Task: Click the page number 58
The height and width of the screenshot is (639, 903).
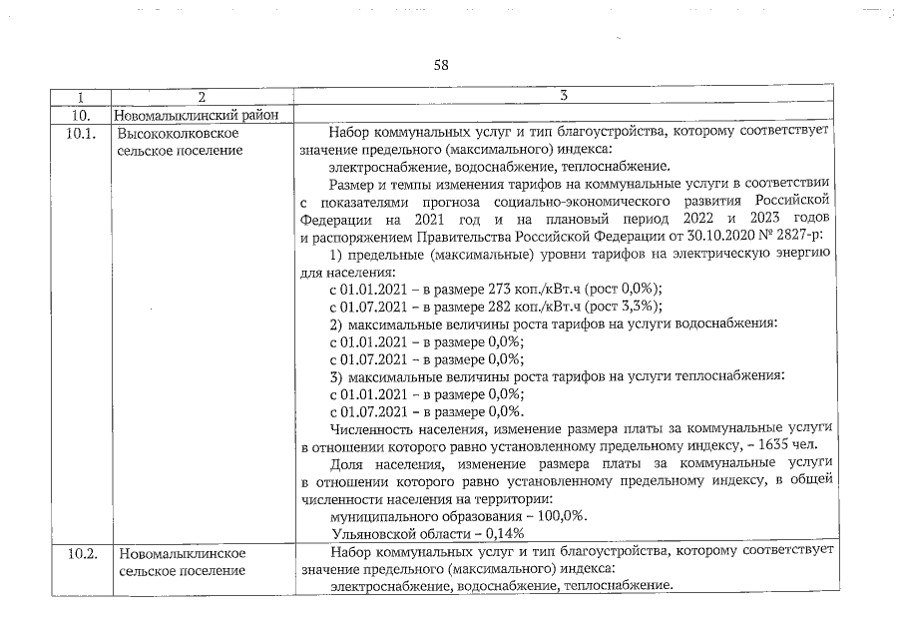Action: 441,66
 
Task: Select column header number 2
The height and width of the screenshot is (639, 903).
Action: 202,97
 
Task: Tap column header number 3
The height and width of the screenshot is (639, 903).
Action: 564,97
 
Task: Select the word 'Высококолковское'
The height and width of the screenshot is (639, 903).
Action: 177,132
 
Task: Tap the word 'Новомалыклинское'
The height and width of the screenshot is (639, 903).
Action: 182,551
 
